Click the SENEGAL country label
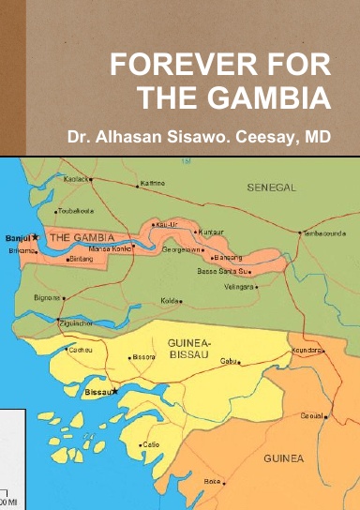271,187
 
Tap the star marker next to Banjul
36,237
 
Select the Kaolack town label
77,178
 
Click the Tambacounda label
324,232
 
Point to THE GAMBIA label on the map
81,238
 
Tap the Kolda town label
169,301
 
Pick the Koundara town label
306,350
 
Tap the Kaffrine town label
152,183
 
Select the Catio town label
150,444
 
